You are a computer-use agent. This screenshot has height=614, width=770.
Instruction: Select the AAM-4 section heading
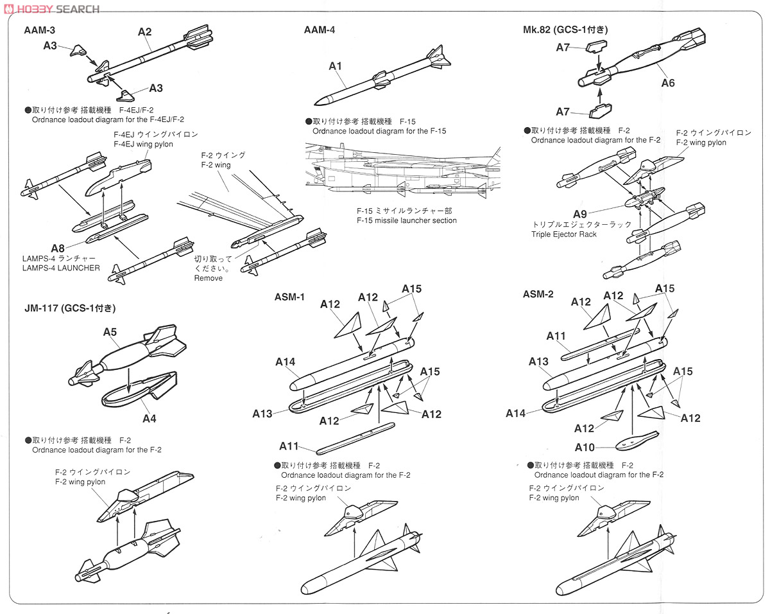pyautogui.click(x=319, y=30)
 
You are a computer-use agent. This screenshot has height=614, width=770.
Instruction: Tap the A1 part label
pyautogui.click(x=336, y=66)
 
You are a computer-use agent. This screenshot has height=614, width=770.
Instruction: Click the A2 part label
pyautogui.click(x=144, y=31)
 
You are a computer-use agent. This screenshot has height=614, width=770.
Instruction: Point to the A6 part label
pyautogui.click(x=668, y=83)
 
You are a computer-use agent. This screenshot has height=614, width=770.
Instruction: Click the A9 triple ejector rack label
pyautogui.click(x=579, y=214)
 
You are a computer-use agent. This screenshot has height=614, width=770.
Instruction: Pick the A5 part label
pyautogui.click(x=110, y=332)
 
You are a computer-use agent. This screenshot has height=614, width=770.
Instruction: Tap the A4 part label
pyautogui.click(x=149, y=418)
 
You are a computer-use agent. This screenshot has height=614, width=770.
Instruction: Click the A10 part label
pyautogui.click(x=584, y=448)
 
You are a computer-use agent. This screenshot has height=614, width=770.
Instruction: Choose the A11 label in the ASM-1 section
pyautogui.click(x=289, y=446)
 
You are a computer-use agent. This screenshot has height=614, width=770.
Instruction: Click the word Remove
pyautogui.click(x=208, y=278)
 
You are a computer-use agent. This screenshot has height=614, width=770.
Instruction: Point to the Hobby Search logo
pyautogui.click(x=51, y=8)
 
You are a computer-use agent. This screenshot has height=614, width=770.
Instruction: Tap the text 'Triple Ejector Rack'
pyautogui.click(x=563, y=234)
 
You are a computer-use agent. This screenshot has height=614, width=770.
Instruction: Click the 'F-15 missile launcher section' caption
pyautogui.click(x=406, y=220)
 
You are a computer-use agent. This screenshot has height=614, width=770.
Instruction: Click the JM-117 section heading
pyautogui.click(x=69, y=308)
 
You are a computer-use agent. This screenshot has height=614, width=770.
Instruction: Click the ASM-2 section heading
pyautogui.click(x=538, y=294)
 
